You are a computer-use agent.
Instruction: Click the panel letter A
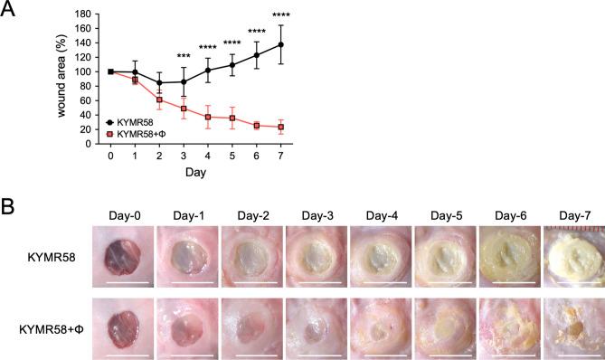tap(12, 11)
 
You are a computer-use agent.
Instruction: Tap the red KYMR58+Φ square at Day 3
tap(184, 109)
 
